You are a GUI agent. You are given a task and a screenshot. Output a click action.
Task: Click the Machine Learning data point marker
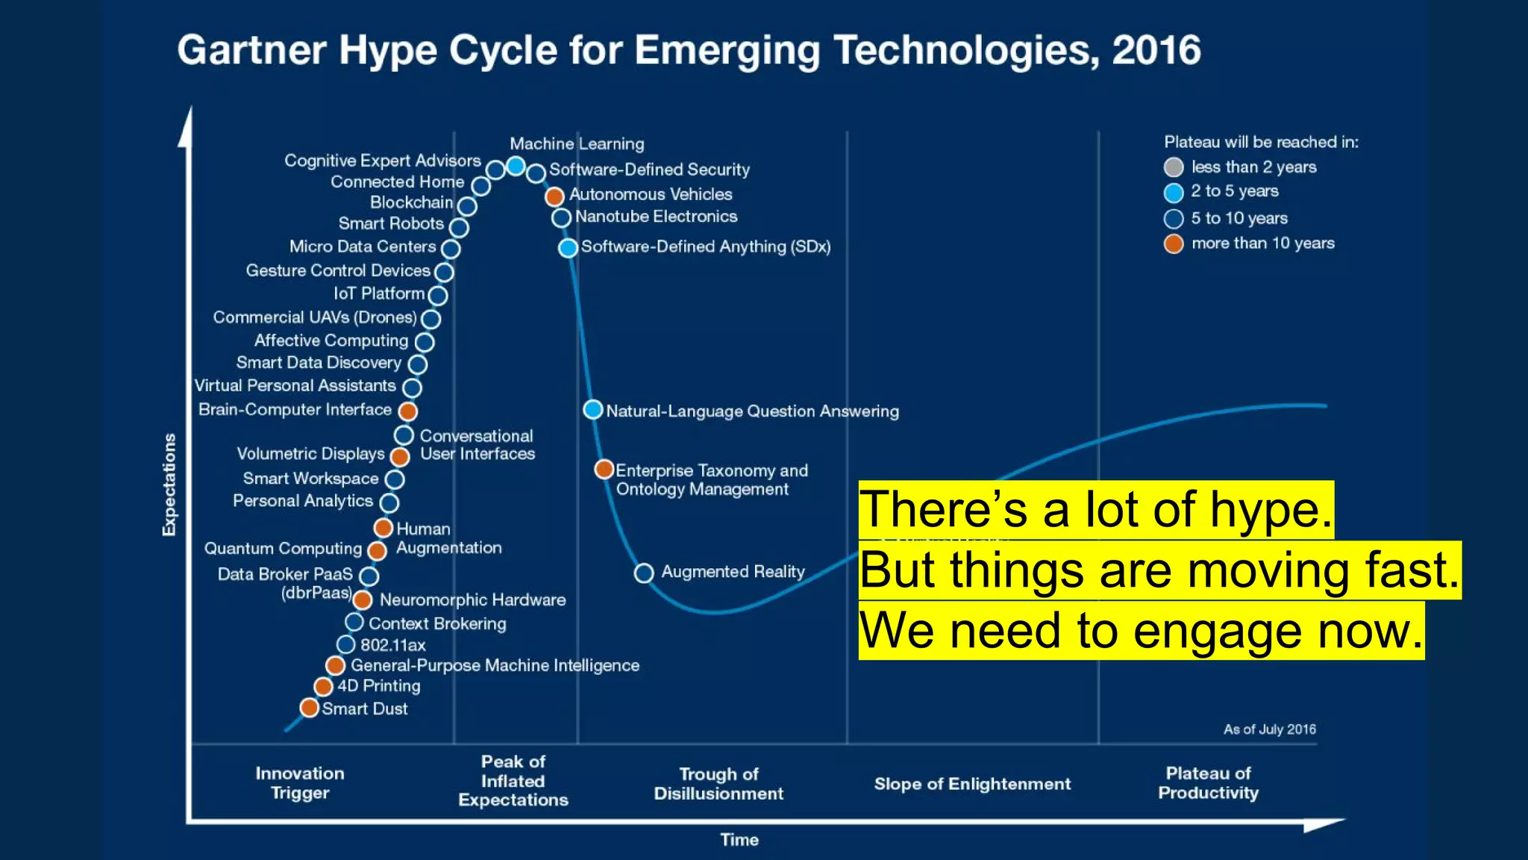[516, 166]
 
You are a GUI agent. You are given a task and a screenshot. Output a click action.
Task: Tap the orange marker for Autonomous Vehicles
[554, 196]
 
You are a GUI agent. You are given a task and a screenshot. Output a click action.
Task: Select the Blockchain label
[411, 202]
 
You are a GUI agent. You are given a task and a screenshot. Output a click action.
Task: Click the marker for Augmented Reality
[644, 573]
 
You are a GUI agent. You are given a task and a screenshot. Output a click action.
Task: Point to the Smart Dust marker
[309, 707]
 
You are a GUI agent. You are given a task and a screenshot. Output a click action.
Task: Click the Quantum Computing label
[283, 549]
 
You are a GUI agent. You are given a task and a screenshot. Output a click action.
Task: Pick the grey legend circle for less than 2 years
[1174, 167]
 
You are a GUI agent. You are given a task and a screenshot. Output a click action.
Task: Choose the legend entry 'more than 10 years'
[1262, 243]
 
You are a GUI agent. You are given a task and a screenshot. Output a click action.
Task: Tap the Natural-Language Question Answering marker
[592, 409]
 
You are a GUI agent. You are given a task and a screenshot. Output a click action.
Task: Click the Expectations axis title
[169, 484]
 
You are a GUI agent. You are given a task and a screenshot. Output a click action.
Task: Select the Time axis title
[739, 840]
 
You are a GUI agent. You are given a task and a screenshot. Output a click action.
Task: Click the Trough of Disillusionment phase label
[718, 784]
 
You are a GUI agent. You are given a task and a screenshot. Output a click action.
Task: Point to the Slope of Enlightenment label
[971, 784]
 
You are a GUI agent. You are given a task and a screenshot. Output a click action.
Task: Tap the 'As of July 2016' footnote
[1269, 729]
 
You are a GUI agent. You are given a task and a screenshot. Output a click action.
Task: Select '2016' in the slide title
[1156, 51]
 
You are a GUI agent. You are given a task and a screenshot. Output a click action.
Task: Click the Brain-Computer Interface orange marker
[407, 411]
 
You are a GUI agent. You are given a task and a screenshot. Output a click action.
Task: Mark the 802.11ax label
[392, 645]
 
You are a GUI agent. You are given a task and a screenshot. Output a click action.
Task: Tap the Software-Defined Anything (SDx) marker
[568, 248]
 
